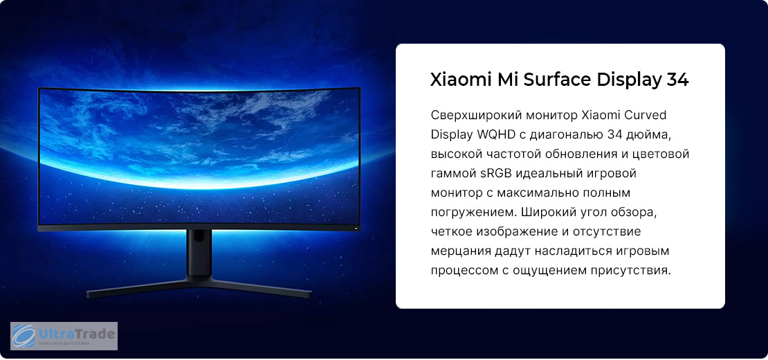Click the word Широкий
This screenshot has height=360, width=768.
pyautogui.click(x=550, y=212)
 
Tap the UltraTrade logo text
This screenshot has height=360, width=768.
pyautogui.click(x=77, y=334)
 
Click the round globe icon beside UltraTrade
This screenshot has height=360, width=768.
pyautogui.click(x=24, y=336)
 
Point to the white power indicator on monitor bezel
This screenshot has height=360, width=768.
pyautogui.click(x=356, y=228)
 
